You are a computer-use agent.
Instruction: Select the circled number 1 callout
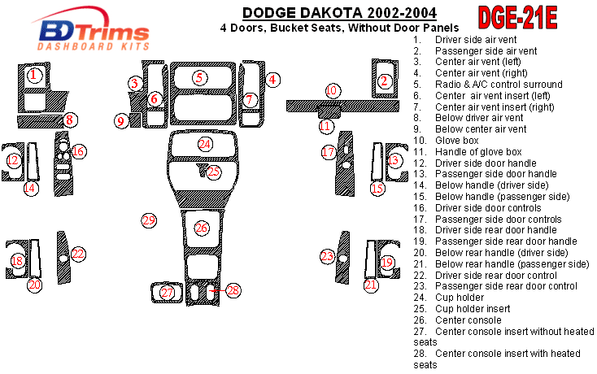click(x=33, y=75)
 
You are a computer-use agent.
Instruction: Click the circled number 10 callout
click(x=332, y=90)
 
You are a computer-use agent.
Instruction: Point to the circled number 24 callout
click(x=205, y=144)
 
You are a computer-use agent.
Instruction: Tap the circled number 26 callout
click(x=201, y=228)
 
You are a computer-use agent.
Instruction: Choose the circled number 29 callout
click(x=148, y=220)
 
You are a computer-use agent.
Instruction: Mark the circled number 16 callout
click(x=78, y=151)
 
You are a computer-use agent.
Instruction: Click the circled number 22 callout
click(x=78, y=254)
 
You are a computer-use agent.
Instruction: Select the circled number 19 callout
click(x=387, y=262)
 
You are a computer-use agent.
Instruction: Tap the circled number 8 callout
click(x=71, y=120)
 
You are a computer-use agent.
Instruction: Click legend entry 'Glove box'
click(x=457, y=141)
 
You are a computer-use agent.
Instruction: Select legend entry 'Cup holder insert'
click(x=473, y=309)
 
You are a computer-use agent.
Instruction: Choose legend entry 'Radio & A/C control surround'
click(x=499, y=85)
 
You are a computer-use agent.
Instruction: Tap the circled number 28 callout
click(x=234, y=290)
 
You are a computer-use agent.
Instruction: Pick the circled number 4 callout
click(x=273, y=80)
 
